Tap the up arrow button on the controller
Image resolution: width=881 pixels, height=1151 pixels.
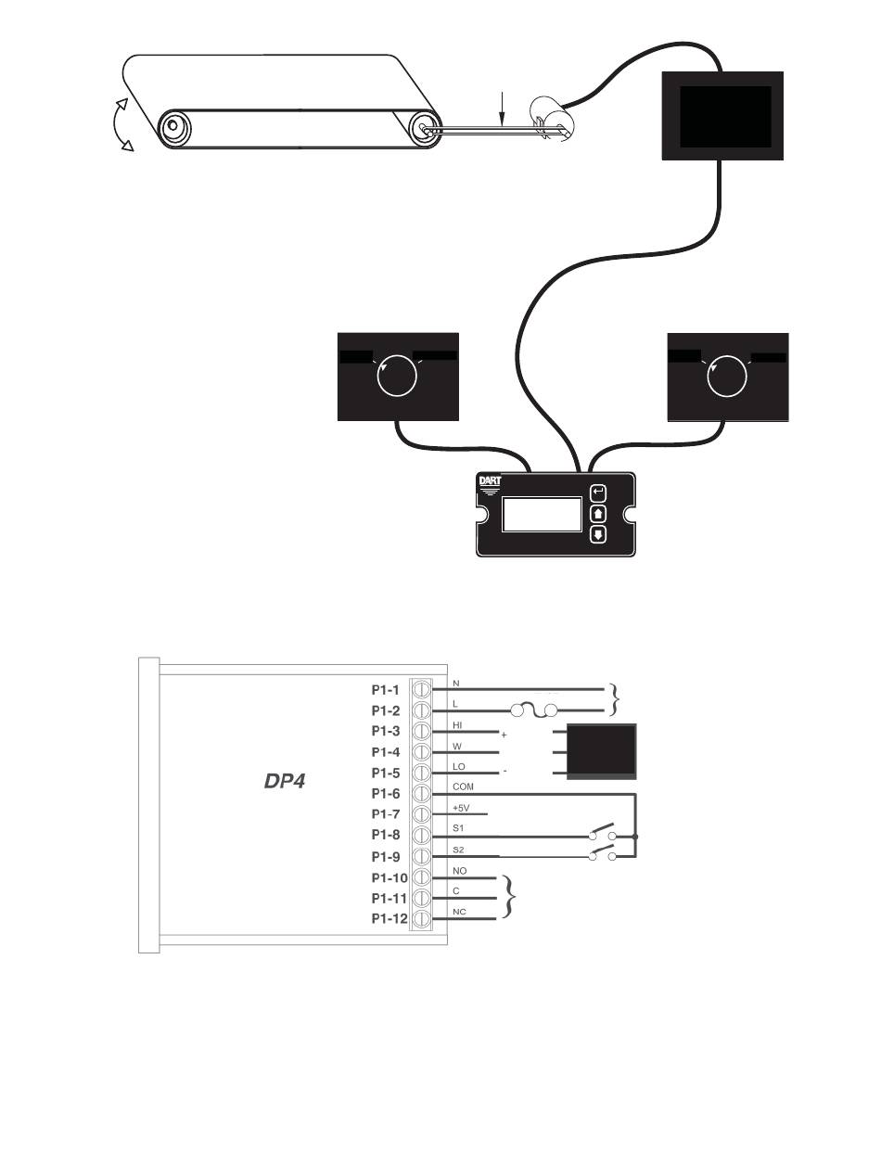tap(598, 512)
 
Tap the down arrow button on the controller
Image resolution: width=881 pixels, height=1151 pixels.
tap(598, 534)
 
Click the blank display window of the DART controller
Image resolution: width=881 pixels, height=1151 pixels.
tap(542, 513)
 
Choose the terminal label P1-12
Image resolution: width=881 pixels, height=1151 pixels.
tap(384, 918)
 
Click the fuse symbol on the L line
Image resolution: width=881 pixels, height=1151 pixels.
tap(533, 711)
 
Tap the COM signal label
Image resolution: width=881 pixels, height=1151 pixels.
tap(464, 787)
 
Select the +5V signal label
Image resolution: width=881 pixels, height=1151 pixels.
tap(462, 807)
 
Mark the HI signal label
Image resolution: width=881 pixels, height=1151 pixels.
tap(458, 724)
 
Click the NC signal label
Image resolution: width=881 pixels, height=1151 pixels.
tap(459, 912)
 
